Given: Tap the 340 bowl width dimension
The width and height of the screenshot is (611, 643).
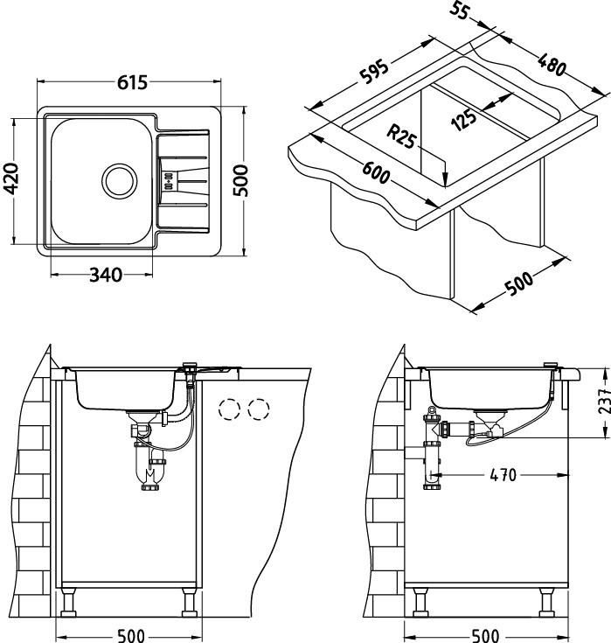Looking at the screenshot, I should (106, 276).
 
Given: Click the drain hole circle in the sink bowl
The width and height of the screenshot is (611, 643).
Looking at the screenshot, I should (119, 181).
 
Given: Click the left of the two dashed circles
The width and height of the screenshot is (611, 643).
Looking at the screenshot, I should (230, 409).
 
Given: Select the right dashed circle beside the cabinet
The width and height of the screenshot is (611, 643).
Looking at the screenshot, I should (259, 409).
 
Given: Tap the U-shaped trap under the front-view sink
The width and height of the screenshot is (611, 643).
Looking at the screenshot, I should (150, 473).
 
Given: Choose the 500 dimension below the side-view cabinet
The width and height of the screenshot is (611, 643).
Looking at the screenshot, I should (484, 635).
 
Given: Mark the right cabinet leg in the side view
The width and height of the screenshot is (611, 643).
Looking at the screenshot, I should (547, 603).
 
